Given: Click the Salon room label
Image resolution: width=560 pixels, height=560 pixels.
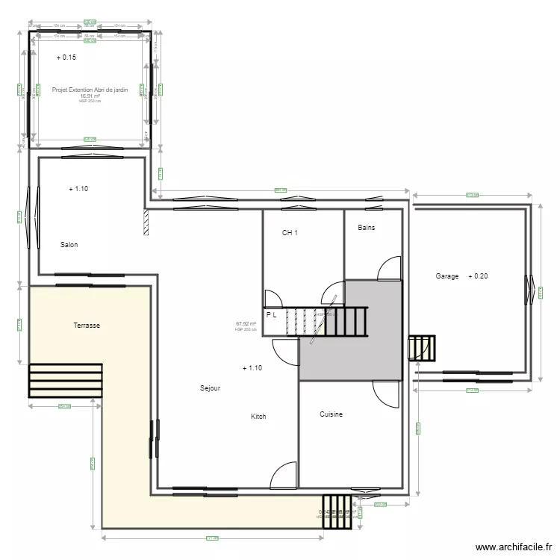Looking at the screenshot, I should [69, 245].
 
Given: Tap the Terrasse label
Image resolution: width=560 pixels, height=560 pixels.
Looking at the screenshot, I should [87, 326].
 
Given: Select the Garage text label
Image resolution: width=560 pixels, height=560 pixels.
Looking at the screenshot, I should [447, 276].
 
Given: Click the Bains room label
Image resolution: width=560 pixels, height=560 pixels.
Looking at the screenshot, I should [366, 228].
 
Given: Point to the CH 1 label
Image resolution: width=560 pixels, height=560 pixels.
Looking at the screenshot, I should [290, 233].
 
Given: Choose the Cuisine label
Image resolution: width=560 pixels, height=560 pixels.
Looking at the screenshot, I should [331, 414].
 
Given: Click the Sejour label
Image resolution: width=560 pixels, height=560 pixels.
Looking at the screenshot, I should [210, 388].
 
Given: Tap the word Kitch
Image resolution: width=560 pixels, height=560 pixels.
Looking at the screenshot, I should [258, 417].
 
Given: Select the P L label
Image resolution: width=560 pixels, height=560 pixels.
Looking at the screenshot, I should [271, 315].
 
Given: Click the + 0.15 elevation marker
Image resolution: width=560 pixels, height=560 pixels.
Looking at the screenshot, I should [66, 57].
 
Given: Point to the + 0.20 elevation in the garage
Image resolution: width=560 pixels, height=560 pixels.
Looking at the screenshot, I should [478, 276].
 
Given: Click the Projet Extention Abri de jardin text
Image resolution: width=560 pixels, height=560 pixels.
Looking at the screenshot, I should [90, 90].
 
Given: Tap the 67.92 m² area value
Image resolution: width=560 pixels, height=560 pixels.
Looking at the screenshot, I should [246, 324].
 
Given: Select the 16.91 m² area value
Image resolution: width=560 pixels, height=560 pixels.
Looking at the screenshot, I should [90, 96].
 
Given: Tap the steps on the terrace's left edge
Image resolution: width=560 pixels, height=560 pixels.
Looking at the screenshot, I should [65, 382].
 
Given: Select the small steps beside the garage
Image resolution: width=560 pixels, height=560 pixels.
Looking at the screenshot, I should [421, 348].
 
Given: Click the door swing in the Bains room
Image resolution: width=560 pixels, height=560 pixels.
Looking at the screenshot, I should [390, 269].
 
